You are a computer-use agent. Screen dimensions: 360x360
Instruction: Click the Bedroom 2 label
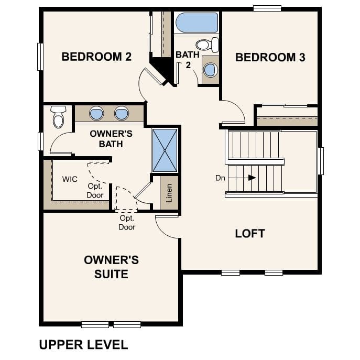(96, 57)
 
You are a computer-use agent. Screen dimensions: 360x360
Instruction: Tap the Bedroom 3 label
(270, 58)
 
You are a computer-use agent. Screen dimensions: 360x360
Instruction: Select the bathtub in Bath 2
(197, 23)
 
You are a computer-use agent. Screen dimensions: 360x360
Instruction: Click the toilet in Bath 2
(207, 44)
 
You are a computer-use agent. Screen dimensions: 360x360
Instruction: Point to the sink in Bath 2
(210, 69)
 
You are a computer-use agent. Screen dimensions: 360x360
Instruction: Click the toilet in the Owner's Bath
(58, 117)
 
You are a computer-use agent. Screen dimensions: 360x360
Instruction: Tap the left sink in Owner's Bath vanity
(96, 113)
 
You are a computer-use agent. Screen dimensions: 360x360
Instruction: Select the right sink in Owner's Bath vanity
(122, 113)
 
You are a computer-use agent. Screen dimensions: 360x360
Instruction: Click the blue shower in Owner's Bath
(165, 150)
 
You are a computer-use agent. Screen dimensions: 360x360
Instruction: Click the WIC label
(70, 179)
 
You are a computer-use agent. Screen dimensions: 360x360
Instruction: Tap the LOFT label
(250, 233)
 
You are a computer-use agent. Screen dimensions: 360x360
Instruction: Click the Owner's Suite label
(111, 266)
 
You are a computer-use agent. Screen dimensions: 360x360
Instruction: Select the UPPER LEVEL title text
(83, 344)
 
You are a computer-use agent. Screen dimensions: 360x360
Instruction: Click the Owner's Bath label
(111, 138)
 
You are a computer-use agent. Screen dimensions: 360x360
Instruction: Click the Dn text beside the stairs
(220, 178)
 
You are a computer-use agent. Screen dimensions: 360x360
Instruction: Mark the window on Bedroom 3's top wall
(267, 8)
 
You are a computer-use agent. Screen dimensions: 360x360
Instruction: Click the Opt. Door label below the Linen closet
(127, 223)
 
